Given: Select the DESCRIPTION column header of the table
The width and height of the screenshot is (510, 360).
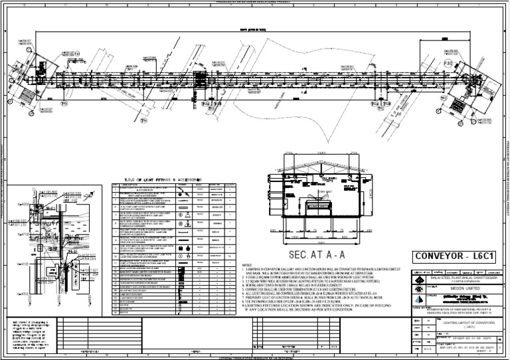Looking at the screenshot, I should point(143,185).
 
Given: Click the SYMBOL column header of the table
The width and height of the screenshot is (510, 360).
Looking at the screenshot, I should point(183,185).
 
